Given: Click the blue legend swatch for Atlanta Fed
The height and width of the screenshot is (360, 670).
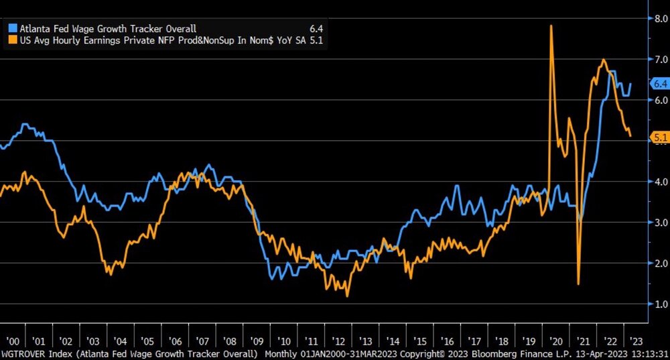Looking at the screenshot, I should (x=12, y=29).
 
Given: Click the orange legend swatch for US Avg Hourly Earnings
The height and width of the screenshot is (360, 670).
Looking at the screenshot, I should (x=12, y=40).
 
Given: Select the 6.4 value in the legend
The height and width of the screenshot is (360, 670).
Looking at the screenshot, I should (x=316, y=29).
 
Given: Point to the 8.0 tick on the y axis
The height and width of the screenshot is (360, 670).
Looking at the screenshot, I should (x=661, y=18).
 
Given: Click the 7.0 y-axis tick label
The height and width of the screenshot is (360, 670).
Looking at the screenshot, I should (x=661, y=59).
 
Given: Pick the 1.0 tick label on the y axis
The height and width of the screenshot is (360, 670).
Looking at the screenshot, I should (x=661, y=304).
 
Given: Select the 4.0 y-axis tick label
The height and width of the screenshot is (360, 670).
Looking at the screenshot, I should (x=661, y=182).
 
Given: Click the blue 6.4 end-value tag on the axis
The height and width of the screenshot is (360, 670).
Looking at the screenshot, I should (x=660, y=84).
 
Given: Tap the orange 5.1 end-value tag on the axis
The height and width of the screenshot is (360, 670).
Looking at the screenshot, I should (x=660, y=137).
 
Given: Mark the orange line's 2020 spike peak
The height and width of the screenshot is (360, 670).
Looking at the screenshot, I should (x=551, y=25).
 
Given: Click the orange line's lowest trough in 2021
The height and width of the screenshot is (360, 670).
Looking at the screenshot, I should (x=578, y=284).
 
